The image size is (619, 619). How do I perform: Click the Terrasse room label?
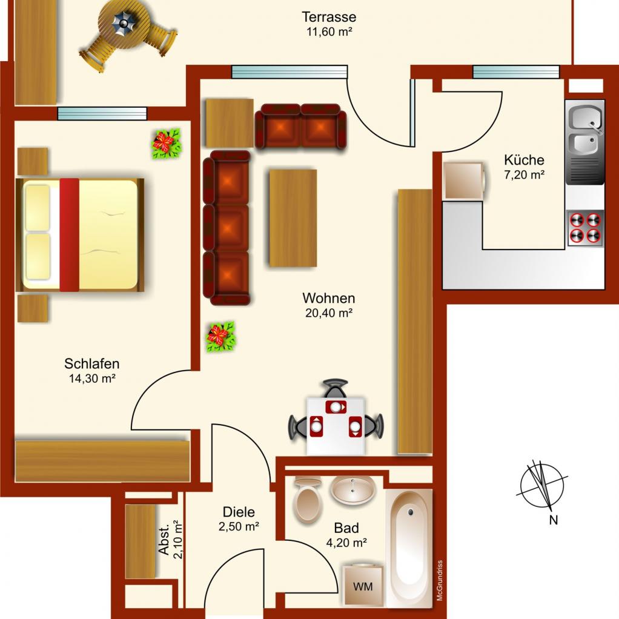[329, 17]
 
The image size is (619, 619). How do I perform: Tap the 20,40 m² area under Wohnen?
[329, 313]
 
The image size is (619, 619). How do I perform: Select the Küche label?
[524, 160]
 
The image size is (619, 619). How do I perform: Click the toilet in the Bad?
[308, 500]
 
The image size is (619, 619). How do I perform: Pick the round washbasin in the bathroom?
[352, 489]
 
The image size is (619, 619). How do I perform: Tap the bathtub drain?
[411, 512]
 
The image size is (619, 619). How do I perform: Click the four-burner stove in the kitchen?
[585, 228]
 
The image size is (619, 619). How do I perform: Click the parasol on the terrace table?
[124, 24]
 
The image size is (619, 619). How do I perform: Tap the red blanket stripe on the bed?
[70, 235]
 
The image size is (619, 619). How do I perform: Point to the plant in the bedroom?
[167, 144]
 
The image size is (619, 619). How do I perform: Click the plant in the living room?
[221, 337]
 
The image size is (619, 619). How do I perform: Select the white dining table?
[336, 426]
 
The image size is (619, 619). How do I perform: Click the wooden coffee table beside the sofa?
[293, 218]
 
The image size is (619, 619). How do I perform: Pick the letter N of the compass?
[554, 520]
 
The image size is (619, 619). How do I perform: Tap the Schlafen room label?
[91, 363]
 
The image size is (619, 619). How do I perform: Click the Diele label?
[239, 512]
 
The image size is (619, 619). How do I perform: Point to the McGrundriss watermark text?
[440, 580]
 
